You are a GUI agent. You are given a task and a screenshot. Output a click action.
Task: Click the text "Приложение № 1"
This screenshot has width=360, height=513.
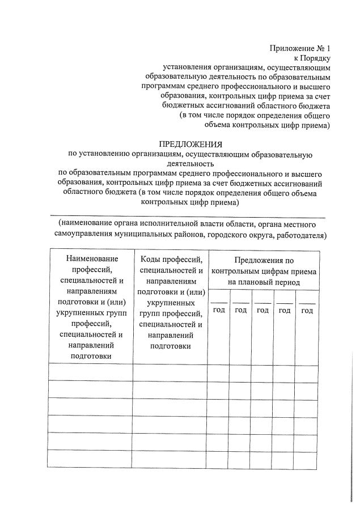299,49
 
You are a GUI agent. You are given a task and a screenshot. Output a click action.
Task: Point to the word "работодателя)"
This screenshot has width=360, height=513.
300,234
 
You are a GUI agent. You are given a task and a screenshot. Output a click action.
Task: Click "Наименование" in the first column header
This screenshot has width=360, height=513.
91,259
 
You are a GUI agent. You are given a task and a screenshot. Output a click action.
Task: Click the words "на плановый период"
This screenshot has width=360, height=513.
264,282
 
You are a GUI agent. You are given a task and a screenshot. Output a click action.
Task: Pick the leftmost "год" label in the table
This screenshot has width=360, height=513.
219,310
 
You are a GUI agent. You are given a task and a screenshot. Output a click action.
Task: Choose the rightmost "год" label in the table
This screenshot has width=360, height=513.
307,310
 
